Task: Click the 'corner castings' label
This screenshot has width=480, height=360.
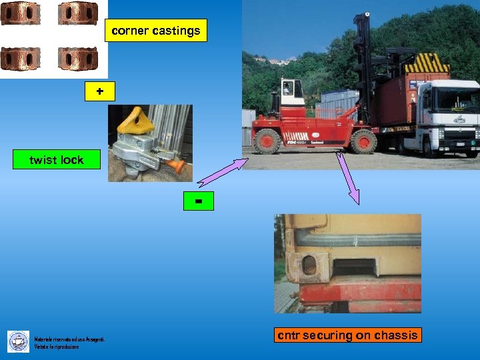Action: coord(156,31)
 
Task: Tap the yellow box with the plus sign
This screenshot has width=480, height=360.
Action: coord(100,91)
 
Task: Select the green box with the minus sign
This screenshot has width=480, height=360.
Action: coord(199,200)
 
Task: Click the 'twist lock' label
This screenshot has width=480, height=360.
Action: coord(56,160)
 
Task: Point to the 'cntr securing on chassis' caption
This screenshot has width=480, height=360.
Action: coord(348,335)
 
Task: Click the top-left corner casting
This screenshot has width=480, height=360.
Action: coord(20,13)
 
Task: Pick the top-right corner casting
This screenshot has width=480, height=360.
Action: coord(78,13)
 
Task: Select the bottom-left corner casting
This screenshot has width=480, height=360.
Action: coord(20,59)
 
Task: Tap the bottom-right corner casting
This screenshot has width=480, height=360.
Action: coord(78,59)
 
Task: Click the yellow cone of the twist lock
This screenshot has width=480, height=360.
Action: coord(136,121)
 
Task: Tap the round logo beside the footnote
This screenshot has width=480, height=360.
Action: coord(18,341)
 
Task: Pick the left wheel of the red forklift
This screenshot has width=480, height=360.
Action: coord(267,141)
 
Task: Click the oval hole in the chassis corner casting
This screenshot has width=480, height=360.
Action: coord(309,265)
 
